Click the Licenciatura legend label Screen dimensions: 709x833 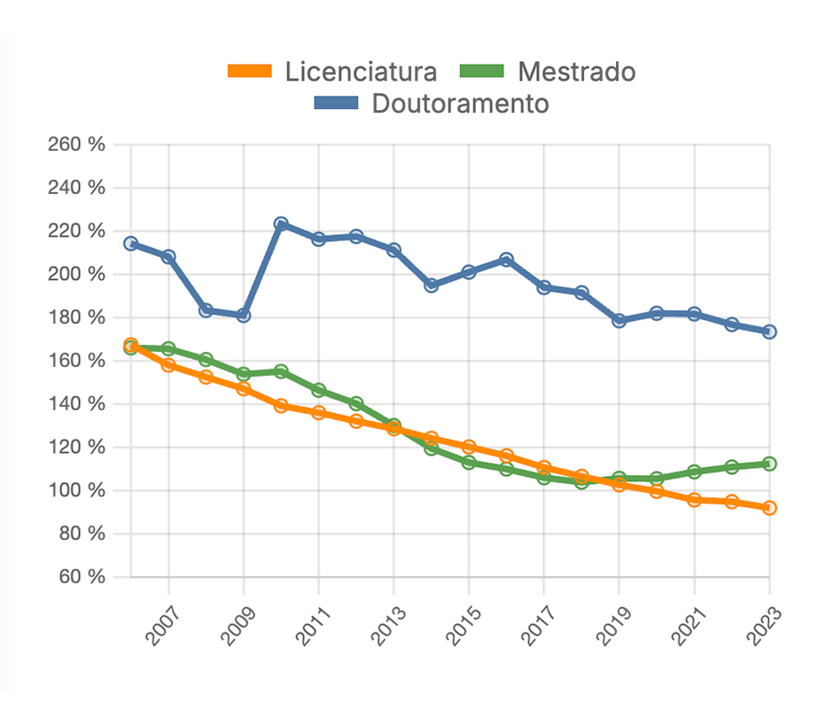pos(361,71)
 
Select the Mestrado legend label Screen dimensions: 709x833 pos(577,71)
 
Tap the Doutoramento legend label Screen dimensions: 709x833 pos(460,104)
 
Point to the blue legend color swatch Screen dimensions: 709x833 pos(337,104)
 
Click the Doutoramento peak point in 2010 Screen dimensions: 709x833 pos(281,224)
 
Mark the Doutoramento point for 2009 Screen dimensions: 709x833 pos(244,315)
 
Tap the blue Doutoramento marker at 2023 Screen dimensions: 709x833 pos(769,331)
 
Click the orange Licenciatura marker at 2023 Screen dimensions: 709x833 pos(769,508)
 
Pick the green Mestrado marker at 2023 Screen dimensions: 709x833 pos(769,464)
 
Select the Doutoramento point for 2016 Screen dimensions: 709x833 pos(506,260)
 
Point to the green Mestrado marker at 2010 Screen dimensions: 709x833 pos(281,371)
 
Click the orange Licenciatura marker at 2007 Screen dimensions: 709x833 pos(168,364)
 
